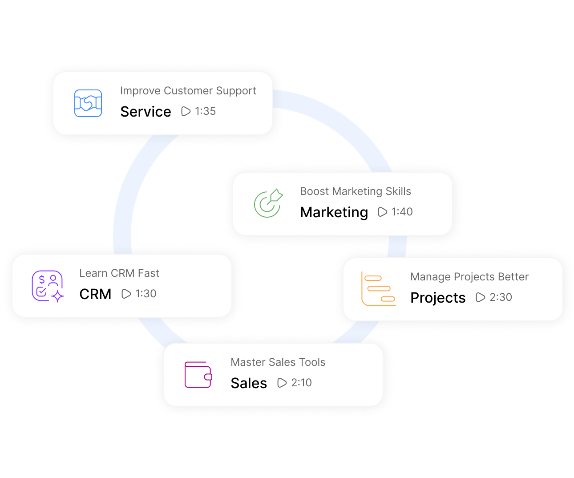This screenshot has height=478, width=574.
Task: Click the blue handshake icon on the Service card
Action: coord(88,103)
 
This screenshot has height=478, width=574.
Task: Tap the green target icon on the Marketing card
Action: coord(268,203)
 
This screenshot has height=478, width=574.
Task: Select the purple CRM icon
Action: coord(47,286)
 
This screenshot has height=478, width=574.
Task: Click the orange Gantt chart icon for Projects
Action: coord(378,289)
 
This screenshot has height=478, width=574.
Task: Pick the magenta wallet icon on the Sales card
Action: coord(198,375)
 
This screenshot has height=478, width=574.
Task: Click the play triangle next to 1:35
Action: coord(186,111)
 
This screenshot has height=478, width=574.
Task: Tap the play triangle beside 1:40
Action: coord(382,212)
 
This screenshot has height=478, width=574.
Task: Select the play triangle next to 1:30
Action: coord(126,294)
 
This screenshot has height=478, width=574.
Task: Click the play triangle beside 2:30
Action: coord(480,297)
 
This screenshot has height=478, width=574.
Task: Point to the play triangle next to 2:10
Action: coord(282,383)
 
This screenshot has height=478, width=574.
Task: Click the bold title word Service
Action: coord(146,112)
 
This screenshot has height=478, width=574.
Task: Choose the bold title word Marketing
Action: coord(334,212)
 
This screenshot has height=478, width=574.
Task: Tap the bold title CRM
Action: coord(95,294)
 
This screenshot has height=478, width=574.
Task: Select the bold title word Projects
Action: coord(438,298)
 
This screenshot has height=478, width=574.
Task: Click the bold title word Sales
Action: coord(249,383)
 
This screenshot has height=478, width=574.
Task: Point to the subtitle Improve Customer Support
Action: coord(188,91)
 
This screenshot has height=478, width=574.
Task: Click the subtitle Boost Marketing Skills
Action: coord(355,191)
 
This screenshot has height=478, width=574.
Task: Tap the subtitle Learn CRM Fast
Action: coord(119,273)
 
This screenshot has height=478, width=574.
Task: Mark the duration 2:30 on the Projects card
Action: coord(501,297)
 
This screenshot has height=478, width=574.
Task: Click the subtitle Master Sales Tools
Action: coord(278,362)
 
